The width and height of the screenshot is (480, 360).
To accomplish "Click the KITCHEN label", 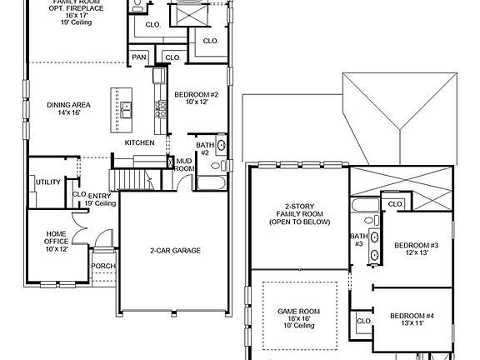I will [x=138, y=142].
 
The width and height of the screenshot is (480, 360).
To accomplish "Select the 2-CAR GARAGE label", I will [x=175, y=250].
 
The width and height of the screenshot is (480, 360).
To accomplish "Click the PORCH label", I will [x=103, y=267].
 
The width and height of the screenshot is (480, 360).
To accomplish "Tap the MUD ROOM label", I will [x=184, y=164].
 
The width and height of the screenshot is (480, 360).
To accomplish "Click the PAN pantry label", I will [x=139, y=57].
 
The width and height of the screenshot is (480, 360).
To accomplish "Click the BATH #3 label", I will [x=357, y=240].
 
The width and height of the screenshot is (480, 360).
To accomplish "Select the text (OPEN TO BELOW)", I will [x=299, y=222].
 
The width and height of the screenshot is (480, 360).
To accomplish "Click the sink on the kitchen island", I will [x=127, y=107].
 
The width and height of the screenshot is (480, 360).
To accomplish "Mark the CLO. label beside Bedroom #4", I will [x=364, y=321].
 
